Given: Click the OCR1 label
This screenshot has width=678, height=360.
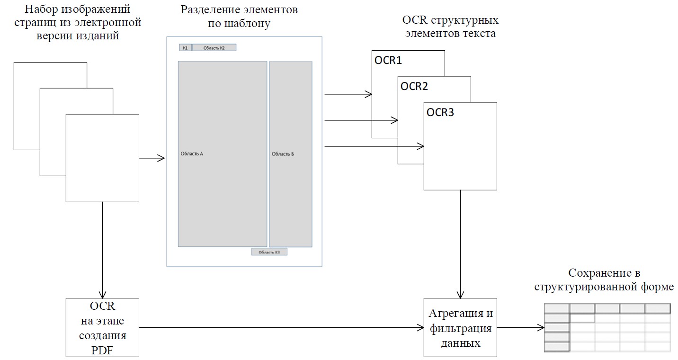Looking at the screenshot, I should pos(388,61).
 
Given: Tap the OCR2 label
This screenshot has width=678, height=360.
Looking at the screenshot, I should pos(414,86).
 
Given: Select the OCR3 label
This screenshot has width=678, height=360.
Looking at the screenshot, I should pos(440,112).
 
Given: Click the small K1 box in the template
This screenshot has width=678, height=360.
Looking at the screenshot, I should pos(185,48).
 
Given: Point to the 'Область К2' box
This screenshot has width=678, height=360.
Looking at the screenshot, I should pos(214,48).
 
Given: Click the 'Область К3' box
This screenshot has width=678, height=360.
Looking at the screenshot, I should pos(269,252).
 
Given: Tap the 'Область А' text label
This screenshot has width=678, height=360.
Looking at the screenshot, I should pos(192,154).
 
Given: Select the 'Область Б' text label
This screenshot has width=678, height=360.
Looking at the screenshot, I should pos(283,154).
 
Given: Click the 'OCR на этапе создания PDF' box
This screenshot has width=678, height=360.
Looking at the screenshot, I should pos(102,327).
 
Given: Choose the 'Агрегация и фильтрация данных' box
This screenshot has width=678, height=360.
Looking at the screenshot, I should pos(460,327).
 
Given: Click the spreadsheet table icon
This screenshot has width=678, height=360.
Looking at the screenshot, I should pos(608,327).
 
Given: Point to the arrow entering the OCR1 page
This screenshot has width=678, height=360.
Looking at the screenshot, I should pos(348,94).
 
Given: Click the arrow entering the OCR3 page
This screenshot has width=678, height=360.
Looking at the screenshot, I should pos(374,146).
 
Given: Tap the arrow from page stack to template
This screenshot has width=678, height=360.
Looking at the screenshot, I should pos(152,158).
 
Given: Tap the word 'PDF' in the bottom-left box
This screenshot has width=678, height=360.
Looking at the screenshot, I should pos(102,351).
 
